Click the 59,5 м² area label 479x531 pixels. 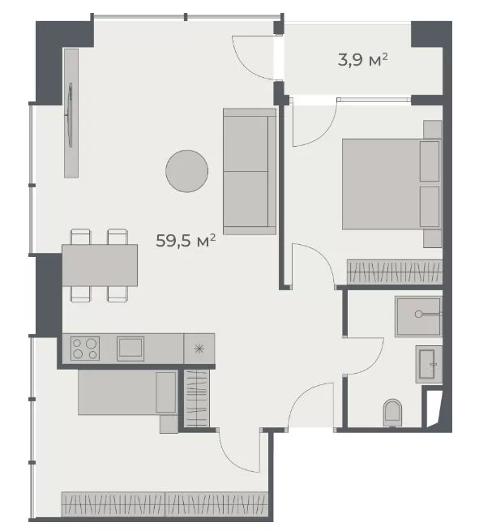point(186,241)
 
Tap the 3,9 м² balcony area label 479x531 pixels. point(361,59)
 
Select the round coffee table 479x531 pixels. point(186,172)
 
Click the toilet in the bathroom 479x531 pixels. point(392,411)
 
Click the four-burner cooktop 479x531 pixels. point(85,348)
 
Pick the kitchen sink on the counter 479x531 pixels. point(130,348)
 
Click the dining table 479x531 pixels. point(100,264)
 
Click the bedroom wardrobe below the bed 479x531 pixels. point(394,272)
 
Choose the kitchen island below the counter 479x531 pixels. point(127,393)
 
